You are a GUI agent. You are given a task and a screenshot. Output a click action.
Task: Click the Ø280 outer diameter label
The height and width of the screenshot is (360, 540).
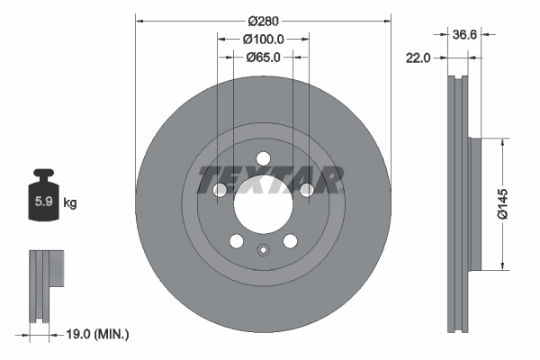263,20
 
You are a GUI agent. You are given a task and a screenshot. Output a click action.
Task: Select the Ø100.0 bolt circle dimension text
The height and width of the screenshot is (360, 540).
263,39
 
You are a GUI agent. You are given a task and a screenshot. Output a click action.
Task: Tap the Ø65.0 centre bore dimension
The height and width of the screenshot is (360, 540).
263,57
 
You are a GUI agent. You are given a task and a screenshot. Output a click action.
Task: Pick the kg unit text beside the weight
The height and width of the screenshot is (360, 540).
69,203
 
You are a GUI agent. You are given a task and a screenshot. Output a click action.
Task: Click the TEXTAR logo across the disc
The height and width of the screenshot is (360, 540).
269,180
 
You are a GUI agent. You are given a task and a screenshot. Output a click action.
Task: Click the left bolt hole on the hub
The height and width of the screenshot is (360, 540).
220,189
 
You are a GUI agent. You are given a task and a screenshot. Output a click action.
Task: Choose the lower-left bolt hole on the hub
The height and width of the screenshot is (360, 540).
237,240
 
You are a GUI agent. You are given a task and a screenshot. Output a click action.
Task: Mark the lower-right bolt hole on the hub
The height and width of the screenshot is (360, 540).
290,240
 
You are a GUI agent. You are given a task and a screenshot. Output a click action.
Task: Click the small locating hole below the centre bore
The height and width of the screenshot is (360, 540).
263,251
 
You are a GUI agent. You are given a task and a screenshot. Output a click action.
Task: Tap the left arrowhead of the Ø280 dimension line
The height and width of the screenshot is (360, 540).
139,20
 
